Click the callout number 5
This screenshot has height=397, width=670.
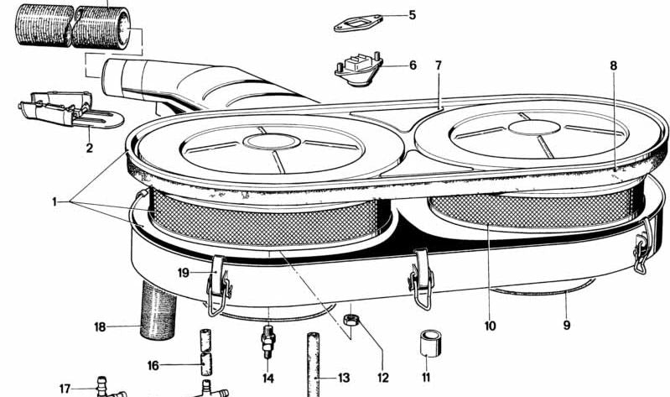(x=412, y=15)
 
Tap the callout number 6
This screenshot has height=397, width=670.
(x=412, y=65)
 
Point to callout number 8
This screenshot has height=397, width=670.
(x=614, y=65)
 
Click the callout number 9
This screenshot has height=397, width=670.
(x=567, y=325)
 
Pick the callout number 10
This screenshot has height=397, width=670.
(x=490, y=325)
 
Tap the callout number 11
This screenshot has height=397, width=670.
(x=425, y=378)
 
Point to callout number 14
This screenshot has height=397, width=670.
(x=268, y=378)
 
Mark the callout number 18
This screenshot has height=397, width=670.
(x=100, y=326)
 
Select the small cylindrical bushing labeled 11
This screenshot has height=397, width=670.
(x=430, y=344)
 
